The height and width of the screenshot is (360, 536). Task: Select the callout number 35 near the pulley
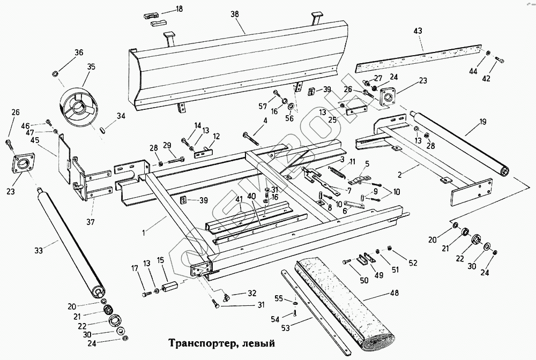91,67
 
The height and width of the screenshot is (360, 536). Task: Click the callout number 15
160,260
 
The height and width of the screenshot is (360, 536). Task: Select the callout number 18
178,9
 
